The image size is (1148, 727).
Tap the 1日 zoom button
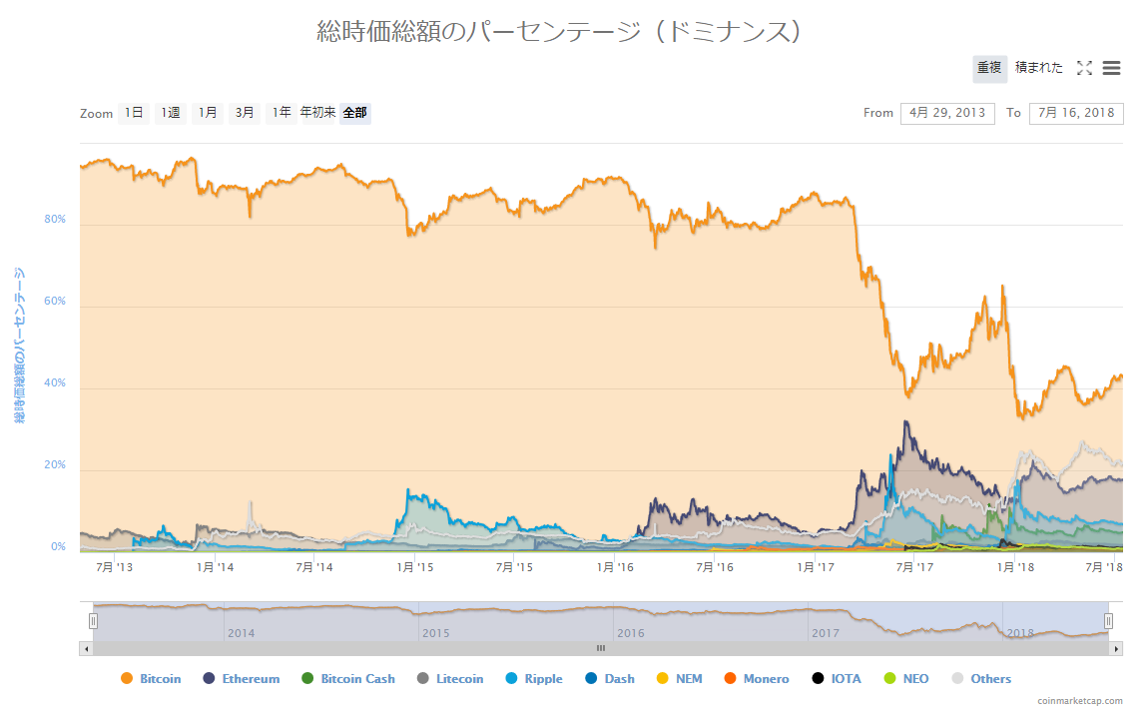pyautogui.click(x=134, y=113)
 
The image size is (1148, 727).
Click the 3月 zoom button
pyautogui.click(x=245, y=113)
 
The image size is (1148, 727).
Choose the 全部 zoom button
pyautogui.click(x=354, y=113)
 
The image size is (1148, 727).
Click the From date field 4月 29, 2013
pyautogui.click(x=947, y=113)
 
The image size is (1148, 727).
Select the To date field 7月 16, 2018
pyautogui.click(x=1076, y=113)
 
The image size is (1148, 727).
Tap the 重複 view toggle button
pyautogui.click(x=989, y=68)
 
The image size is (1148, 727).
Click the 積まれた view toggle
pyautogui.click(x=1039, y=68)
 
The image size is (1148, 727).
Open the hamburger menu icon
pyautogui.click(x=1111, y=68)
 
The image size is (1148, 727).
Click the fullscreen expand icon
pyautogui.click(x=1084, y=68)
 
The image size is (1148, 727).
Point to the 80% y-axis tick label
pyautogui.click(x=55, y=219)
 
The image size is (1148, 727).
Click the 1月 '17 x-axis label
pyautogui.click(x=815, y=567)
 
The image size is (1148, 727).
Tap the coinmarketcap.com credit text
pyautogui.click(x=1079, y=701)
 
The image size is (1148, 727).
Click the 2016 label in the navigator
pyautogui.click(x=631, y=633)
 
